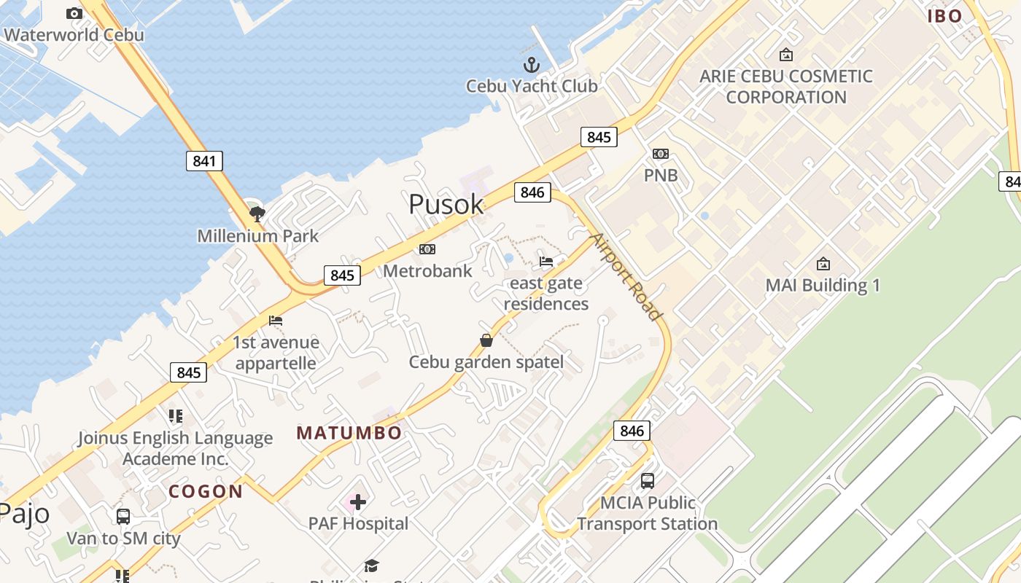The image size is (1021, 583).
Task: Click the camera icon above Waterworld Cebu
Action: click(74, 13)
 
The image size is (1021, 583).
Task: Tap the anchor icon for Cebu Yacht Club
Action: click(532, 65)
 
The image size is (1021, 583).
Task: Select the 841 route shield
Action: click(204, 161)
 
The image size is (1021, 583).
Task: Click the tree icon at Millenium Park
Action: click(257, 214)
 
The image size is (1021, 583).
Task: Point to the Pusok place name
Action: click(446, 204)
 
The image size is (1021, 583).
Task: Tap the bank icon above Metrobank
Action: click(427, 249)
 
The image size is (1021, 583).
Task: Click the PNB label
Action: click(661, 175)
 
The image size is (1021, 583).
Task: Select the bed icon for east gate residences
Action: click(546, 262)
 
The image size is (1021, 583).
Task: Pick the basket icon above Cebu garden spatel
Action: click(486, 340)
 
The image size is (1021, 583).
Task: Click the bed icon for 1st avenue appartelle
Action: click(276, 321)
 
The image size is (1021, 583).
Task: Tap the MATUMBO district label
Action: click(349, 433)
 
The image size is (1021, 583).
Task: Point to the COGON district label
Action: click(206, 491)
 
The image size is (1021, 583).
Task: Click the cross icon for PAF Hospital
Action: click(358, 501)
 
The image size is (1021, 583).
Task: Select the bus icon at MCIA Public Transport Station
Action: click(648, 481)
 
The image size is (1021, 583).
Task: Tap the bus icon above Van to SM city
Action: click(123, 517)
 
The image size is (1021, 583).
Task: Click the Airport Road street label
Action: click(626, 276)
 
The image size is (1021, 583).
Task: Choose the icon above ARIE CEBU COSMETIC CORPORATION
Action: click(786, 55)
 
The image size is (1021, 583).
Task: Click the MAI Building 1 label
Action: click(823, 285)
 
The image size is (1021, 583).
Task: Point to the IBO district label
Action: click(945, 16)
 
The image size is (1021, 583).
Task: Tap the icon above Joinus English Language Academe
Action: click(175, 416)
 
